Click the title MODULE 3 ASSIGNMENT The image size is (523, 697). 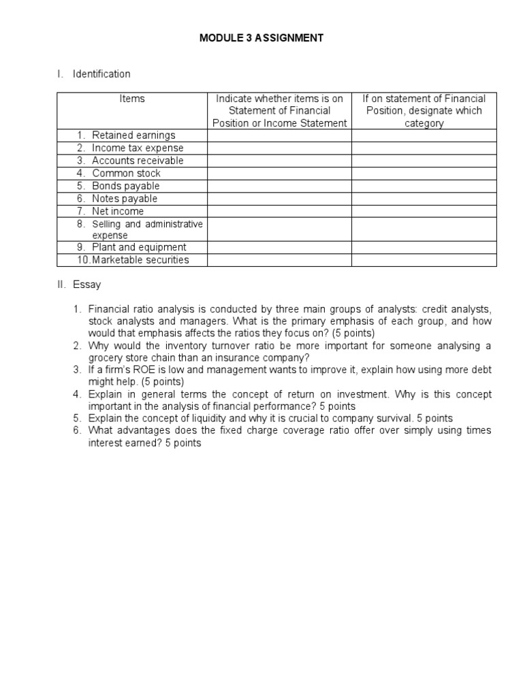[x=261, y=38]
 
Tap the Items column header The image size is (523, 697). [x=132, y=99]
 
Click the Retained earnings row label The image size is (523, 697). [x=133, y=135]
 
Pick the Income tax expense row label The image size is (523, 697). [x=138, y=148]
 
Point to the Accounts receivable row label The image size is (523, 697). [x=138, y=161]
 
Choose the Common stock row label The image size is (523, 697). [x=127, y=173]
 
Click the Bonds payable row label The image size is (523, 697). [x=126, y=186]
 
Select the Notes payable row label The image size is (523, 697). [x=125, y=198]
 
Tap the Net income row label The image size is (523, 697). [x=118, y=211]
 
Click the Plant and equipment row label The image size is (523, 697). [x=139, y=247]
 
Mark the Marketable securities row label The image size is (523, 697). [x=140, y=260]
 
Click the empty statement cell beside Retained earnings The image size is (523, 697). [x=279, y=135]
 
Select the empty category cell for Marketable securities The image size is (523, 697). [x=424, y=260]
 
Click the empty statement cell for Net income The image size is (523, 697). [x=279, y=211]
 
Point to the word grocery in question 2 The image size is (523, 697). [x=105, y=357]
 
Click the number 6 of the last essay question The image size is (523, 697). [x=76, y=431]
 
